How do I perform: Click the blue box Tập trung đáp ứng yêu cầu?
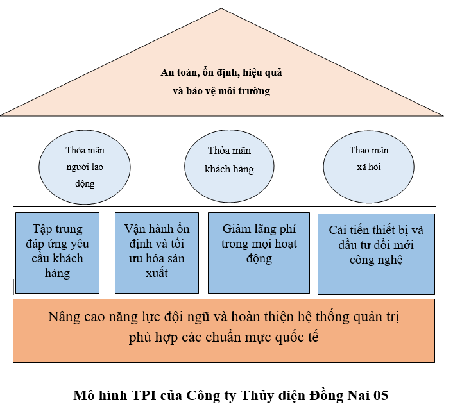point(57,252)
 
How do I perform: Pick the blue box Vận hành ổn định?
point(157,252)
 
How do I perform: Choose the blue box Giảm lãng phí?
point(259,252)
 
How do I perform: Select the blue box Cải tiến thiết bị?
point(376,253)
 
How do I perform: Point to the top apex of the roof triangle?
point(222,9)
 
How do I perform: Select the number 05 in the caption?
point(380,396)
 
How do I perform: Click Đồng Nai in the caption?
point(344,396)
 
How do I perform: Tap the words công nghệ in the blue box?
point(376,260)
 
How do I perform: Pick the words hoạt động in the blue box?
point(259,251)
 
